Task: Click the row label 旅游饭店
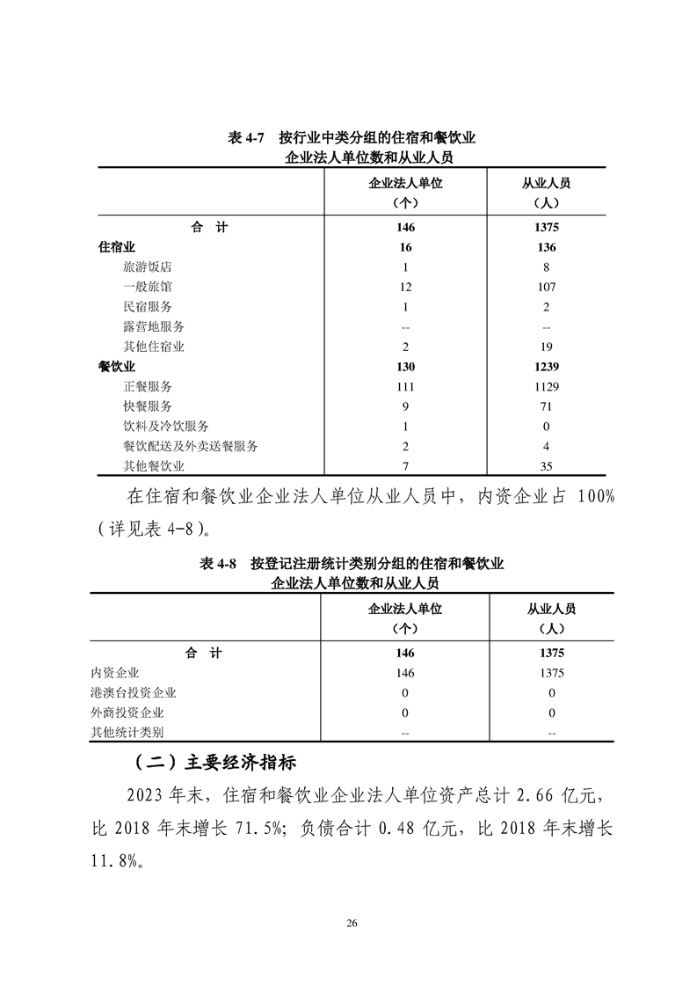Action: (x=149, y=267)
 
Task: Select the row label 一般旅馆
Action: (x=149, y=287)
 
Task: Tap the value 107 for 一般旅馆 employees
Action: (x=545, y=287)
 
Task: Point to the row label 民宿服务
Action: (x=149, y=307)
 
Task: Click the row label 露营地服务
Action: (x=155, y=326)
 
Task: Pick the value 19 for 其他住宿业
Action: (x=545, y=347)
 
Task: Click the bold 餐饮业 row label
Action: (x=116, y=367)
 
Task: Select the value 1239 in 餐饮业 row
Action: (x=545, y=367)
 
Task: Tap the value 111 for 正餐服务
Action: (x=405, y=387)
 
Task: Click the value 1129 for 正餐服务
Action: (x=545, y=387)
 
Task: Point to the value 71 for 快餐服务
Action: (x=545, y=406)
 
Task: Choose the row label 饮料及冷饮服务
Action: (x=167, y=427)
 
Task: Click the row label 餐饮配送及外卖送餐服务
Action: (x=191, y=447)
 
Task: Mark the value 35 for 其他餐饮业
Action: (x=545, y=467)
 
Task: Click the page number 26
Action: (x=352, y=923)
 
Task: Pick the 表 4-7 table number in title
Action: (x=247, y=138)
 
